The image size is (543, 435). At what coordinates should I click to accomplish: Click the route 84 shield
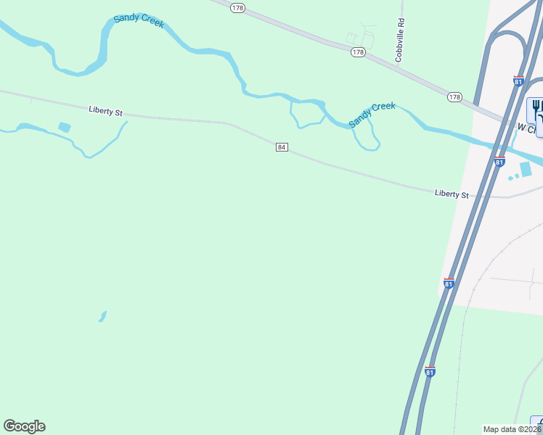(282, 147)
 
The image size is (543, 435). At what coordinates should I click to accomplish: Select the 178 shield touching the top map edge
(238, 7)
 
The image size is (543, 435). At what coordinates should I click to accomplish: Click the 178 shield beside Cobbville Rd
(358, 52)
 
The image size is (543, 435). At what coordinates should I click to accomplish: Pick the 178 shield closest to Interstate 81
(454, 96)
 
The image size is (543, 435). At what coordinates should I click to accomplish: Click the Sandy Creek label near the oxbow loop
(372, 115)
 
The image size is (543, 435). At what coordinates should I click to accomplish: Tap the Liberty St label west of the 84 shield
(106, 111)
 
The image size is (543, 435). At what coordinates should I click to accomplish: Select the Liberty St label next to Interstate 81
(452, 194)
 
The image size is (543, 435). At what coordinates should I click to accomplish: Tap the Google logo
(24, 426)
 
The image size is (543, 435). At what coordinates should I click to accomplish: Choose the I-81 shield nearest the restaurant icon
(518, 81)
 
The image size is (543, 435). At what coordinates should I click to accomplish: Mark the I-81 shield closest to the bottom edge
(430, 372)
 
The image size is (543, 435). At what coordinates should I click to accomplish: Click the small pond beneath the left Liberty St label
(65, 128)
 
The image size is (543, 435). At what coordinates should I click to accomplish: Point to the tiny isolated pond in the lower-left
(103, 316)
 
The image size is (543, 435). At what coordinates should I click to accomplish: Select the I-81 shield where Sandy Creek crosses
(499, 162)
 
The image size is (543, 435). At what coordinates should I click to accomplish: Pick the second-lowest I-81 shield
(449, 283)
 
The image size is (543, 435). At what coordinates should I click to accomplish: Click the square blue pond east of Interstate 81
(526, 169)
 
